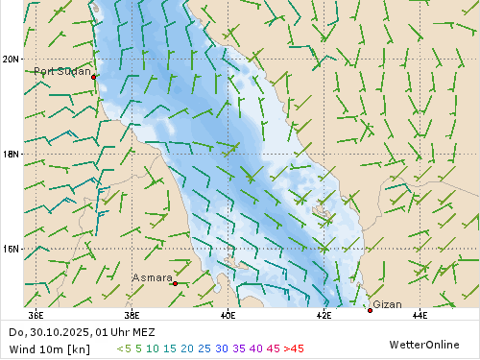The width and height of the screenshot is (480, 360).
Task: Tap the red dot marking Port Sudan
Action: click(94, 76)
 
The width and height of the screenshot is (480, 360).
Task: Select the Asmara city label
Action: click(152, 277)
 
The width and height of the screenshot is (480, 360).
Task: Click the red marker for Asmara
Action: click(175, 283)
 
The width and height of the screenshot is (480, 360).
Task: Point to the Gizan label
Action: click(387, 304)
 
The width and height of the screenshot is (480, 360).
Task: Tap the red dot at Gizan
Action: click(370, 309)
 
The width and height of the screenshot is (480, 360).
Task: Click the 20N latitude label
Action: click(11, 60)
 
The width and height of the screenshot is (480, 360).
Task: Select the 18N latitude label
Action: click(11, 154)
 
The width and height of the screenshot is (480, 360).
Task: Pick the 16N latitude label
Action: click(11, 249)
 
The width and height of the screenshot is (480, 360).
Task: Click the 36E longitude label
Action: click(36, 314)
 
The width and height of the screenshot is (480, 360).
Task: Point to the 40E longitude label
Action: click(228, 314)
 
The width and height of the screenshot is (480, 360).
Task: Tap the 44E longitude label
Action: click(420, 314)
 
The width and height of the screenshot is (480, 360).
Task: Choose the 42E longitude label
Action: click(324, 314)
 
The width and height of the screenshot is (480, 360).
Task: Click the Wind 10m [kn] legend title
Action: click(49, 348)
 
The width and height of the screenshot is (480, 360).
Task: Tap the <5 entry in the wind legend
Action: click(124, 348)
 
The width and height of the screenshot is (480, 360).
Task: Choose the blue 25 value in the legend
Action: click(204, 348)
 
